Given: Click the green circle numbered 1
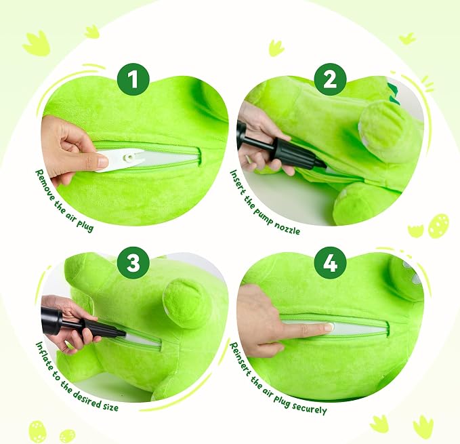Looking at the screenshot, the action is (133, 79).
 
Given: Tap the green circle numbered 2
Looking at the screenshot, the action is (331, 79).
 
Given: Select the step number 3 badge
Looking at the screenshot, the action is (133, 262).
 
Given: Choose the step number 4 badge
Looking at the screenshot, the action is (331, 262).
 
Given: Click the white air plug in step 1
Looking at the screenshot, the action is (123, 159).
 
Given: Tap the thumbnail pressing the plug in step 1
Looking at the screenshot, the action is (102, 162).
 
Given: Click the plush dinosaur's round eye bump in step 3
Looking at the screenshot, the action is (182, 296).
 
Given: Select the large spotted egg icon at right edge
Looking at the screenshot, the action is (438, 225).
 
